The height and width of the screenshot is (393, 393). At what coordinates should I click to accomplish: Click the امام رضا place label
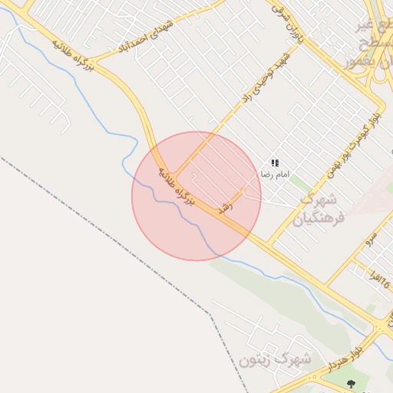point(275,175)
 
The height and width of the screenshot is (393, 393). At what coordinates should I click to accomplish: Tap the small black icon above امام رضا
point(275,163)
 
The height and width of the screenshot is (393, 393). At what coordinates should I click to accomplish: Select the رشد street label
point(226,206)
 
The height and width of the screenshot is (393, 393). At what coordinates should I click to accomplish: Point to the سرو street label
point(371,239)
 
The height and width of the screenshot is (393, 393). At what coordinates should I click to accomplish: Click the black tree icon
point(352,383)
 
